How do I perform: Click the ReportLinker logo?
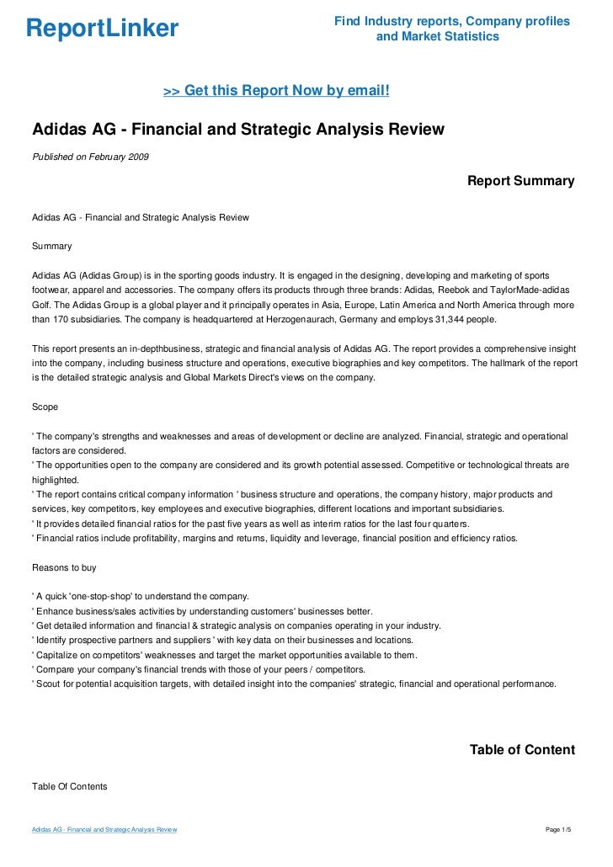(x=102, y=29)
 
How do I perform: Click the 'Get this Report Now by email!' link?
(x=275, y=90)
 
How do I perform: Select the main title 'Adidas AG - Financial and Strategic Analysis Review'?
(x=237, y=130)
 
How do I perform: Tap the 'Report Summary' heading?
(x=520, y=181)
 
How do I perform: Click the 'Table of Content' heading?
(x=522, y=750)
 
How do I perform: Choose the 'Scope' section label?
(x=45, y=407)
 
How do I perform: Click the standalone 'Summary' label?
(x=51, y=247)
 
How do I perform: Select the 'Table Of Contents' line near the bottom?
(x=70, y=786)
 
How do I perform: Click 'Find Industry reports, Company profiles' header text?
(x=451, y=21)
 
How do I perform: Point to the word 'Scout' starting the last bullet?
(x=48, y=683)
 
